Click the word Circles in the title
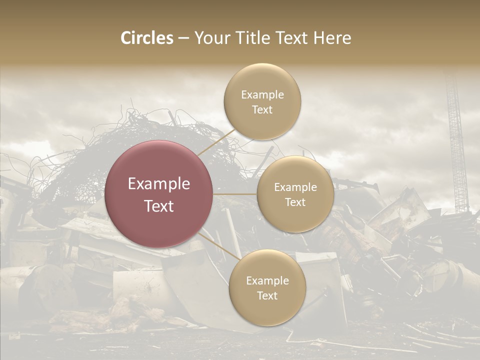tap(147, 38)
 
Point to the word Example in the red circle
tap(159, 183)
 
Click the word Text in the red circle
tap(159, 206)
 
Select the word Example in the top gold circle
tap(262, 94)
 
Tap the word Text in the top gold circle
tap(262, 109)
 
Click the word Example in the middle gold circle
tap(295, 187)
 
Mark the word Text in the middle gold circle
tap(295, 202)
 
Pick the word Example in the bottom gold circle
tap(267, 280)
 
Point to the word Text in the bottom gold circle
tap(267, 295)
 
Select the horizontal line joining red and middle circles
tap(235, 194)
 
